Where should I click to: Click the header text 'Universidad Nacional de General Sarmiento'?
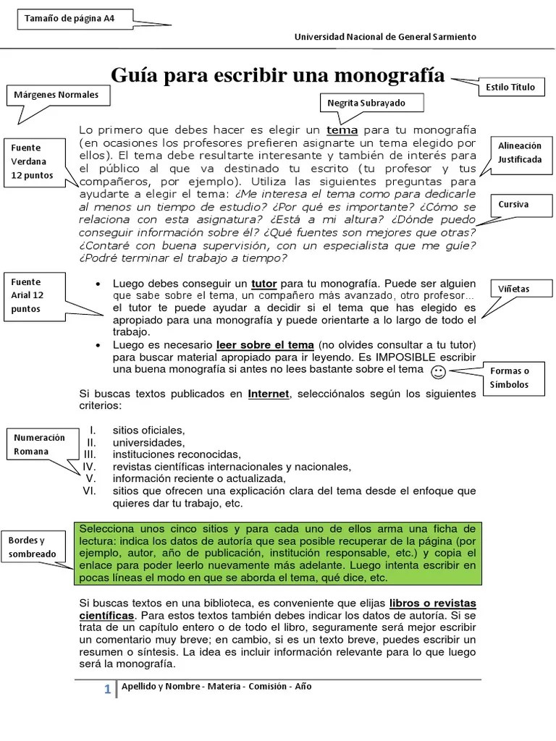(384, 38)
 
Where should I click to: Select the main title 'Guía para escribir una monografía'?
(277, 75)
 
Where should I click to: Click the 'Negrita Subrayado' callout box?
(366, 103)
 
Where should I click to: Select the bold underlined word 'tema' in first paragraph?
(342, 130)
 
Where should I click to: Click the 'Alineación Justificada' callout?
(519, 152)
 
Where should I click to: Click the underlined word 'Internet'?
(268, 394)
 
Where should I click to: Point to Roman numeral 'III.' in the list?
(90, 454)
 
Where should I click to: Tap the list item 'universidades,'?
(148, 442)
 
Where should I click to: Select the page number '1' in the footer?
(107, 690)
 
